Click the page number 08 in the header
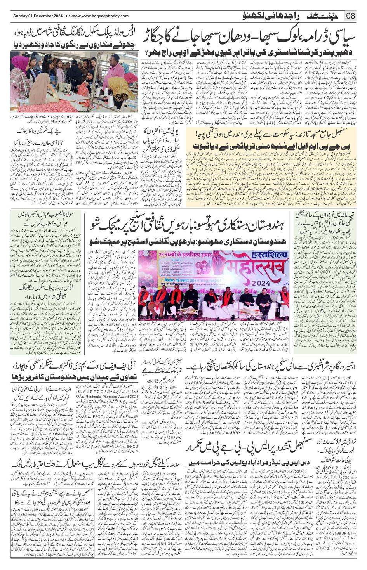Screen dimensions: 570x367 (351, 16)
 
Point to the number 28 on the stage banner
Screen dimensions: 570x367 (162, 255)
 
